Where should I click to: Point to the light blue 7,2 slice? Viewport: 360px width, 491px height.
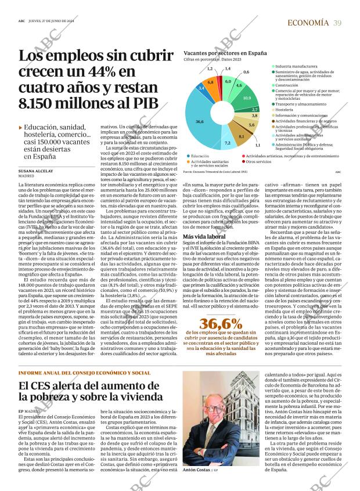[227, 142]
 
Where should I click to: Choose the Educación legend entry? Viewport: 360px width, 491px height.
[200, 156]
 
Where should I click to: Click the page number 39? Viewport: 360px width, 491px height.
[337, 23]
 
